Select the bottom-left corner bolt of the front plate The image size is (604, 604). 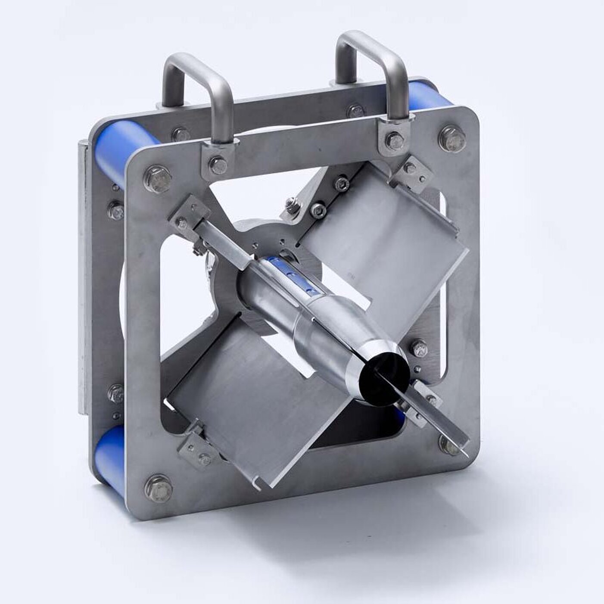click(158, 488)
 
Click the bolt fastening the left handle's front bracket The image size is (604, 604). click(218, 164)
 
